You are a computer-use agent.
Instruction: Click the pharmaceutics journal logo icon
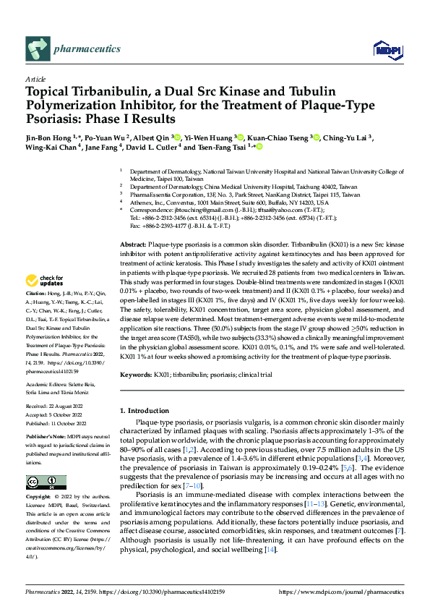pyautogui.click(x=37, y=49)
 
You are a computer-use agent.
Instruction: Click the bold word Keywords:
pyautogui.click(x=136, y=375)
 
